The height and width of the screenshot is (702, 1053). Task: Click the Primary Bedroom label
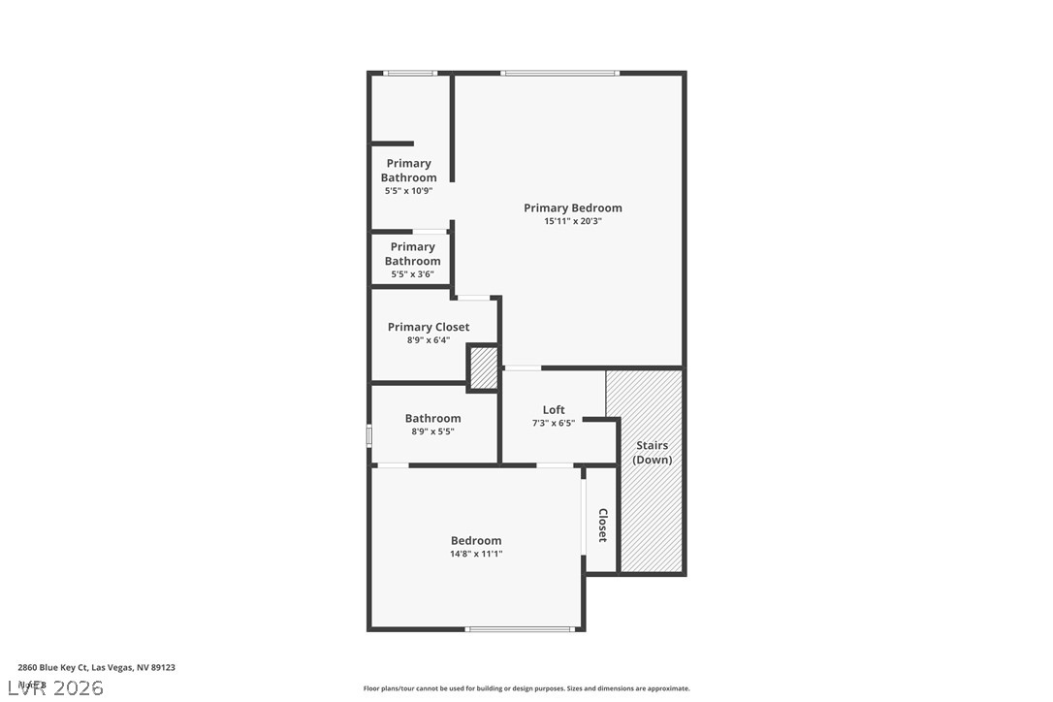[x=572, y=207]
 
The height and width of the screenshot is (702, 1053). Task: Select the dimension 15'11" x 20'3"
[x=572, y=221]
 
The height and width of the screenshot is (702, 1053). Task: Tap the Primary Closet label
[x=429, y=327]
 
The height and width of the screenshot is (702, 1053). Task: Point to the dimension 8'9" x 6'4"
[x=429, y=340]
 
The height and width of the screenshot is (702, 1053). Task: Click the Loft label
[x=554, y=409]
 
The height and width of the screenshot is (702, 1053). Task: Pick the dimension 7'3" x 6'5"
[x=554, y=423]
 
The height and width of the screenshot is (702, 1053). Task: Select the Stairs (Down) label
[x=652, y=453]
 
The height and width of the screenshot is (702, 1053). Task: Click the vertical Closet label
[x=602, y=525]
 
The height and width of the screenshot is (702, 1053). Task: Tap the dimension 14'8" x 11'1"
[x=476, y=555]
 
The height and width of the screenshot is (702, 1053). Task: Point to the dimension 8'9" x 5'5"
[x=432, y=431]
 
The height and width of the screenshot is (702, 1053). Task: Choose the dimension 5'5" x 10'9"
[x=408, y=191]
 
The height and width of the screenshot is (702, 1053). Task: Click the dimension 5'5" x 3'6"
[x=412, y=274]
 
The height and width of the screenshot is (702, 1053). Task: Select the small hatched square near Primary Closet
[x=483, y=367]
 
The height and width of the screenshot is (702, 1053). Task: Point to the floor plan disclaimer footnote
[x=526, y=688]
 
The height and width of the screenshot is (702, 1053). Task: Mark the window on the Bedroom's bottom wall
[x=520, y=629]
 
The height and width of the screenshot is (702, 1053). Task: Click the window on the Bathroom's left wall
[x=369, y=435]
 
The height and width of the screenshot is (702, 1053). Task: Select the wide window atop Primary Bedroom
[x=559, y=73]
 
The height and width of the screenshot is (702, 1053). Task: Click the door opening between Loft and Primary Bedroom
[x=523, y=367]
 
